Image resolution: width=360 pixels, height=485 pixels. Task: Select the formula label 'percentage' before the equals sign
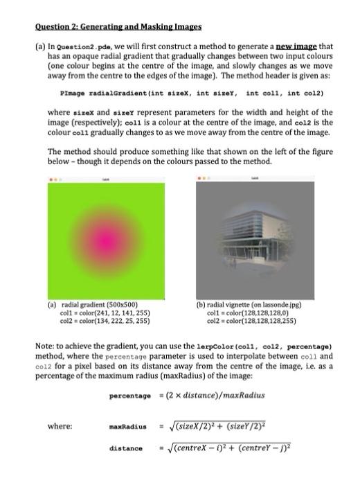pos(129,396)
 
